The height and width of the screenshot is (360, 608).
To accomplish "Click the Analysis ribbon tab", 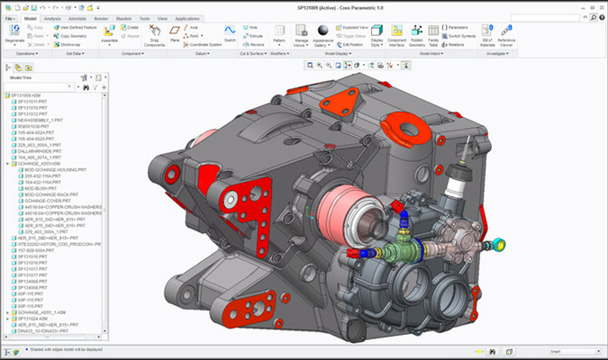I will point(52,17).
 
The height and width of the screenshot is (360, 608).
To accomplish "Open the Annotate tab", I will point(78,17).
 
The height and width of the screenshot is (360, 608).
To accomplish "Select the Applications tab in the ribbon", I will point(187,17).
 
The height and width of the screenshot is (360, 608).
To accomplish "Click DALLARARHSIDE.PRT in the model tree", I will point(40,149).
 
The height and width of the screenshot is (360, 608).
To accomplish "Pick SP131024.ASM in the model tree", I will point(35,318).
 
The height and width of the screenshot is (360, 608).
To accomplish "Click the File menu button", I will point(10,17).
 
